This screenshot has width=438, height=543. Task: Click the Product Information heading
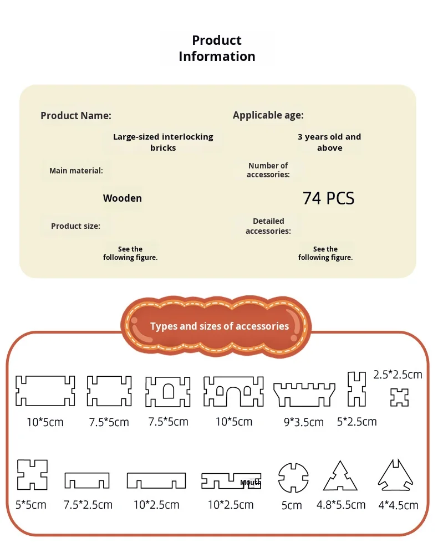pyautogui.click(x=217, y=48)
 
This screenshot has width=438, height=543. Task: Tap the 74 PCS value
pyautogui.click(x=328, y=198)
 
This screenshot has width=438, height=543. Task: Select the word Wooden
pyautogui.click(x=123, y=198)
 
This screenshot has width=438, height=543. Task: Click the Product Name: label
pyautogui.click(x=76, y=116)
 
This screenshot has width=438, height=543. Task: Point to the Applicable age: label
pyautogui.click(x=268, y=115)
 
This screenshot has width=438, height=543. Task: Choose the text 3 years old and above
pyautogui.click(x=329, y=142)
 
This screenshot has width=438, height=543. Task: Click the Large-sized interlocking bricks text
pyautogui.click(x=163, y=142)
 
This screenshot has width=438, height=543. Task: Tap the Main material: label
pyautogui.click(x=76, y=171)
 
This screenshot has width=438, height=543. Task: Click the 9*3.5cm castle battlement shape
pyautogui.click(x=304, y=394)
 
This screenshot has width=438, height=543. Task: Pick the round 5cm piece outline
pyautogui.click(x=293, y=477)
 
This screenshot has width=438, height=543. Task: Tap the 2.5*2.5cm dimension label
pyautogui.click(x=398, y=375)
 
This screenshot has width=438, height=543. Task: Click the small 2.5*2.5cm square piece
pyautogui.click(x=399, y=397)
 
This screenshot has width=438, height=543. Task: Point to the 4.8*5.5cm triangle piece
pyautogui.click(x=340, y=477)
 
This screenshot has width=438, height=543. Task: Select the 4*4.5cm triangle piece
pyautogui.click(x=397, y=477)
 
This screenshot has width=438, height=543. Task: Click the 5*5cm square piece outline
pyautogui.click(x=32, y=475)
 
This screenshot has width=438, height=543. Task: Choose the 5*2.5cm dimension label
pyautogui.click(x=356, y=422)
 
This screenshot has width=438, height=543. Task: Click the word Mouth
pyautogui.click(x=251, y=483)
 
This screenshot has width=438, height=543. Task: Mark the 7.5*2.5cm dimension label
pyautogui.click(x=88, y=505)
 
